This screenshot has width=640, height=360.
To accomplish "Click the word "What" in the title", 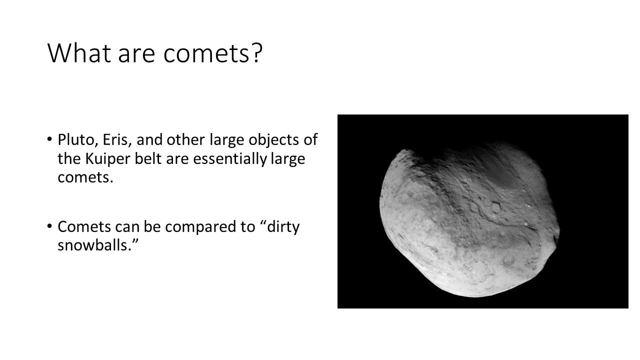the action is tap(79, 53).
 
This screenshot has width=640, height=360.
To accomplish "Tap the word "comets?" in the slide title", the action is tap(213, 53).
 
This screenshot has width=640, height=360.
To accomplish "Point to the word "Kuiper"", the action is tap(107, 159).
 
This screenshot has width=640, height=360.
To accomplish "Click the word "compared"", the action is tap(209, 227).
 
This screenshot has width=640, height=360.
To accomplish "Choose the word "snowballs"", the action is tap(93, 245).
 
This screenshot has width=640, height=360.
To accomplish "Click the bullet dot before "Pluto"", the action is tap(49, 139).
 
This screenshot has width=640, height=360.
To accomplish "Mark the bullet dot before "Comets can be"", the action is tap(49, 226).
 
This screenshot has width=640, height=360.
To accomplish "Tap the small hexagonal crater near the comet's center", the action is tap(495, 207).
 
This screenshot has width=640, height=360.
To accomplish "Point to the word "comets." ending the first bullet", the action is tap(85, 177).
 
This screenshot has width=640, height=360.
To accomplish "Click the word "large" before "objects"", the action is tap(227, 140).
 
